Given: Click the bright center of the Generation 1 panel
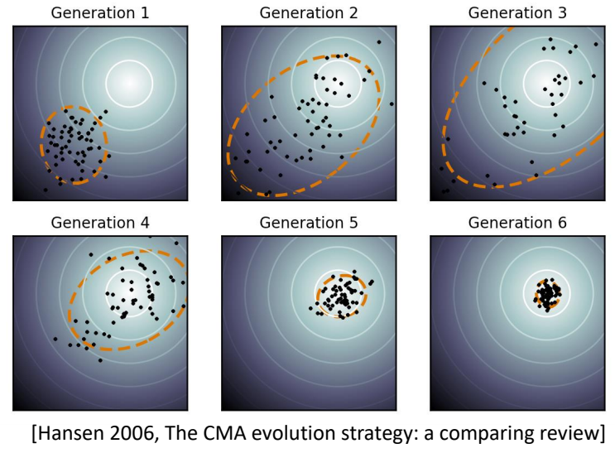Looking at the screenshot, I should coord(129,82).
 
